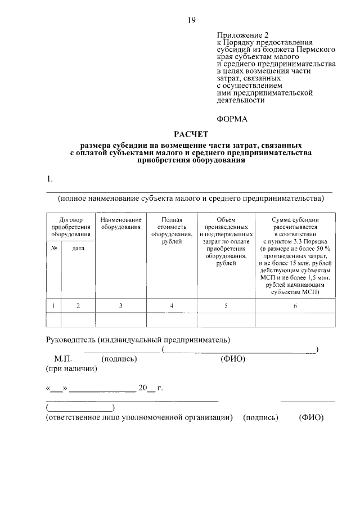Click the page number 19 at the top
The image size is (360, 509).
[191, 21]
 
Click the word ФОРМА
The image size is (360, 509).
[232, 119]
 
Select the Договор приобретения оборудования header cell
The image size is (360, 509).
[71, 227]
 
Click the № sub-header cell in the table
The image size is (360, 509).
[54, 248]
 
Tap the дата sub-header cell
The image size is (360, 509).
[78, 248]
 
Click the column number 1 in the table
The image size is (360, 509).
[54, 305]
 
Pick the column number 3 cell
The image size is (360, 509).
[120, 305]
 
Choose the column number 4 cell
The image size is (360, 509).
[172, 305]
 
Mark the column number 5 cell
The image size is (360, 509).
[226, 305]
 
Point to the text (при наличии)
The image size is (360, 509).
[71, 369]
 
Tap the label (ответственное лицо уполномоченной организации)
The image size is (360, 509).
[139, 418]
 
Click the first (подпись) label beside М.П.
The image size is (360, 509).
[116, 358]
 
